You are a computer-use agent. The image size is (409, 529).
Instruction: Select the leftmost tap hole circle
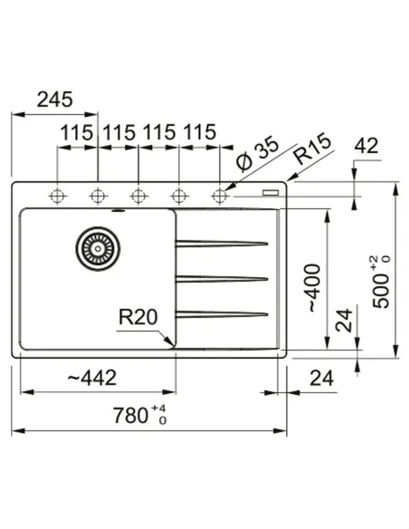(58, 195)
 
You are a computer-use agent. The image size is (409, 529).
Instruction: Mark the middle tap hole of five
(138, 195)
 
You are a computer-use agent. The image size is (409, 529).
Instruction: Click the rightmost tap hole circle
(219, 195)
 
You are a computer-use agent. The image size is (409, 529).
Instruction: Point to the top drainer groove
(222, 243)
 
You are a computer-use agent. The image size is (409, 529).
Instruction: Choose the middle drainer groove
(222, 278)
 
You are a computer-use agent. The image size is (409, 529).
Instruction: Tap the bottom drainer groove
(222, 314)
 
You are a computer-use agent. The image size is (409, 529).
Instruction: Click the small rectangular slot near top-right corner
(270, 193)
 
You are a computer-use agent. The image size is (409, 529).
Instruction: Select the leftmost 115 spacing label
(77, 132)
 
